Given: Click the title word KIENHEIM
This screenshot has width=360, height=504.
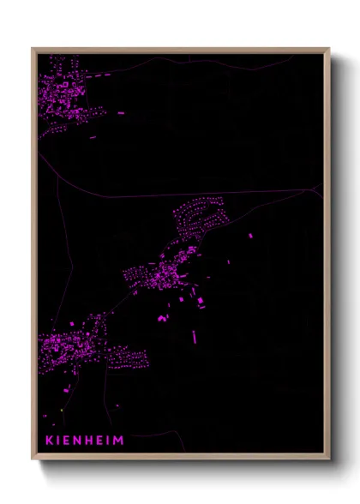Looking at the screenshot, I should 85,441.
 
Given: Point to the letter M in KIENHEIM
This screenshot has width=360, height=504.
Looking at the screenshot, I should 120,441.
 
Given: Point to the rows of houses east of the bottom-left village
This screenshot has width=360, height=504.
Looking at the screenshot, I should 126,356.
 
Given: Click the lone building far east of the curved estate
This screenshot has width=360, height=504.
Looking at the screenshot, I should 251,235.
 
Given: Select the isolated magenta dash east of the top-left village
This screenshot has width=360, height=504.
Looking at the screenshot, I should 121,112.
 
